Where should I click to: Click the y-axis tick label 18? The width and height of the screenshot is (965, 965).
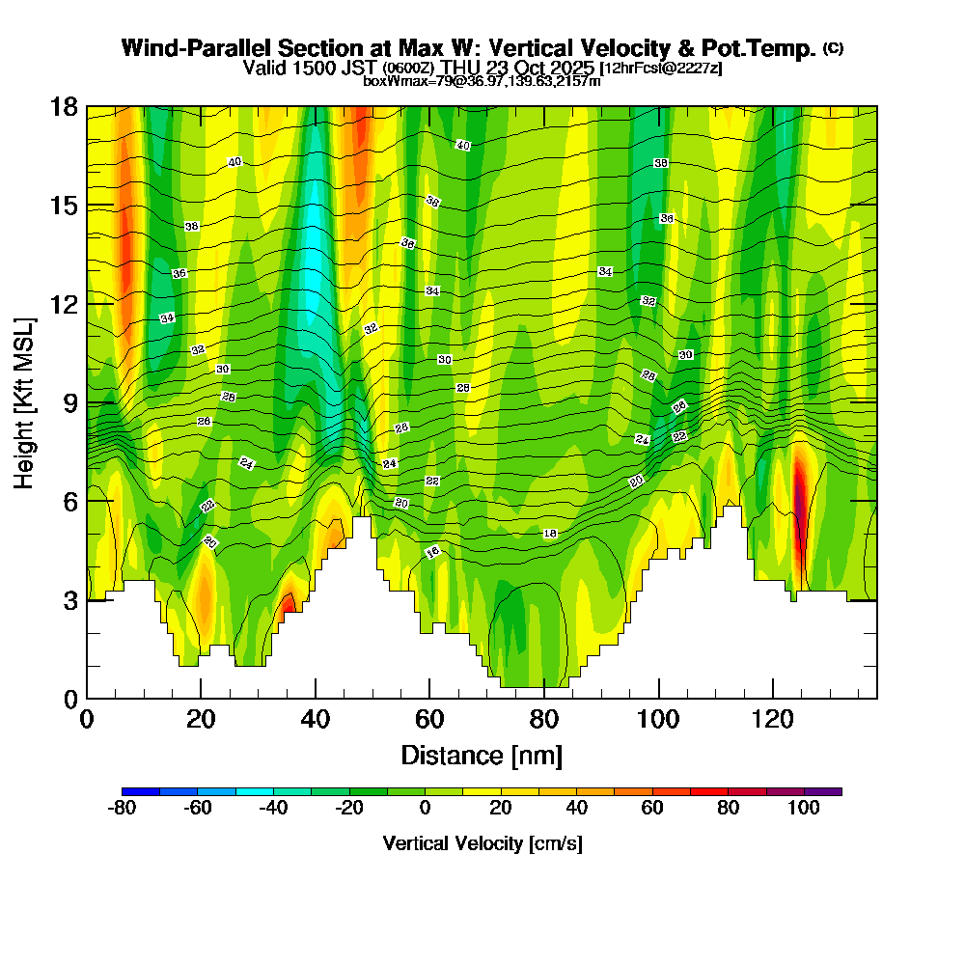click(63, 106)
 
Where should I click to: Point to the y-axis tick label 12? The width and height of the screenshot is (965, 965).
click(63, 304)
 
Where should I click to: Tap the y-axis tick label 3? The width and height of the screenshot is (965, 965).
click(69, 600)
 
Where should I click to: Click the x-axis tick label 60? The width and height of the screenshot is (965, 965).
click(429, 719)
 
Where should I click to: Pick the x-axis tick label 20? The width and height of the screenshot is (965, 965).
click(201, 719)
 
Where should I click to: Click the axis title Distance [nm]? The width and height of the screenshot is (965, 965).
click(482, 755)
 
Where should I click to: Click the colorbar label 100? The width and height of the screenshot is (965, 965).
click(805, 809)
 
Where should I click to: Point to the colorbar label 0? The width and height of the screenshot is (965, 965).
click(425, 809)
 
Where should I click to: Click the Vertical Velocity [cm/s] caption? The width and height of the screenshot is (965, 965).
click(482, 843)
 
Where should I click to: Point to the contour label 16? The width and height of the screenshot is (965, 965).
click(433, 552)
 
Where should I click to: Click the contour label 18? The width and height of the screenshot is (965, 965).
click(550, 533)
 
